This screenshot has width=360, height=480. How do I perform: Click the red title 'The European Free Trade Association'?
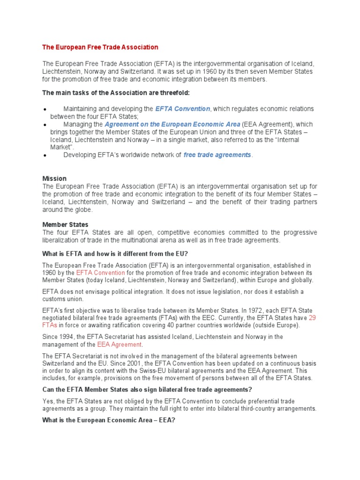click(100, 47)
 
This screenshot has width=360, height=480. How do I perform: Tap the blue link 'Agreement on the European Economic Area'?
click(172, 125)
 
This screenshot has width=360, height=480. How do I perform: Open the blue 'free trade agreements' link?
click(217, 155)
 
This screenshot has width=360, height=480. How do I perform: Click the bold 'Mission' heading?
click(54, 179)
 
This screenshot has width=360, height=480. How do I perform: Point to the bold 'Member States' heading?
click(65, 225)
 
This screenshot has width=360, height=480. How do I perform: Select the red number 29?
click(313, 318)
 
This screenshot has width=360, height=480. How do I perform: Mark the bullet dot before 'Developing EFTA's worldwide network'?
click(44, 156)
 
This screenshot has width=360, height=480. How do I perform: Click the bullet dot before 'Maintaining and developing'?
click(44, 109)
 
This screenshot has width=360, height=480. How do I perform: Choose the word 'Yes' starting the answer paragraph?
click(48, 401)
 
